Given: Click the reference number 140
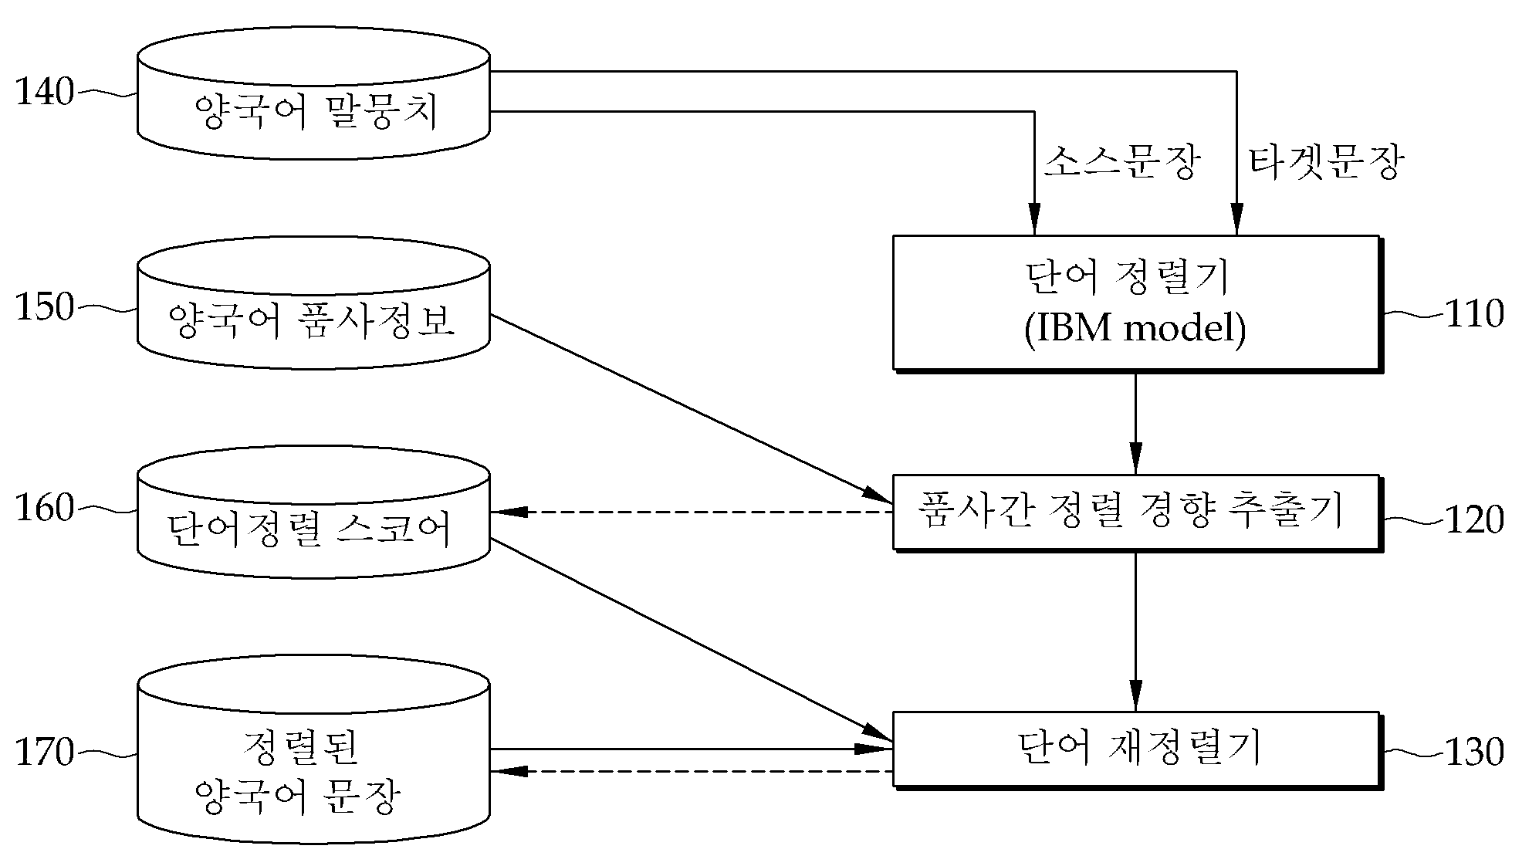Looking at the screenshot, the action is [45, 93].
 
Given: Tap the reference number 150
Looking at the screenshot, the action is [45, 307].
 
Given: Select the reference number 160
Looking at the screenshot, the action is [45, 508].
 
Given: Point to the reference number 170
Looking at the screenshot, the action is [45, 753].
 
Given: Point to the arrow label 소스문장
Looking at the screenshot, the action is [1123, 163].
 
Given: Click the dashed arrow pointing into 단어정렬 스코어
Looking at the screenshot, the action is [692, 511].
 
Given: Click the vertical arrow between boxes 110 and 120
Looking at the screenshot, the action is [1135, 422].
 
